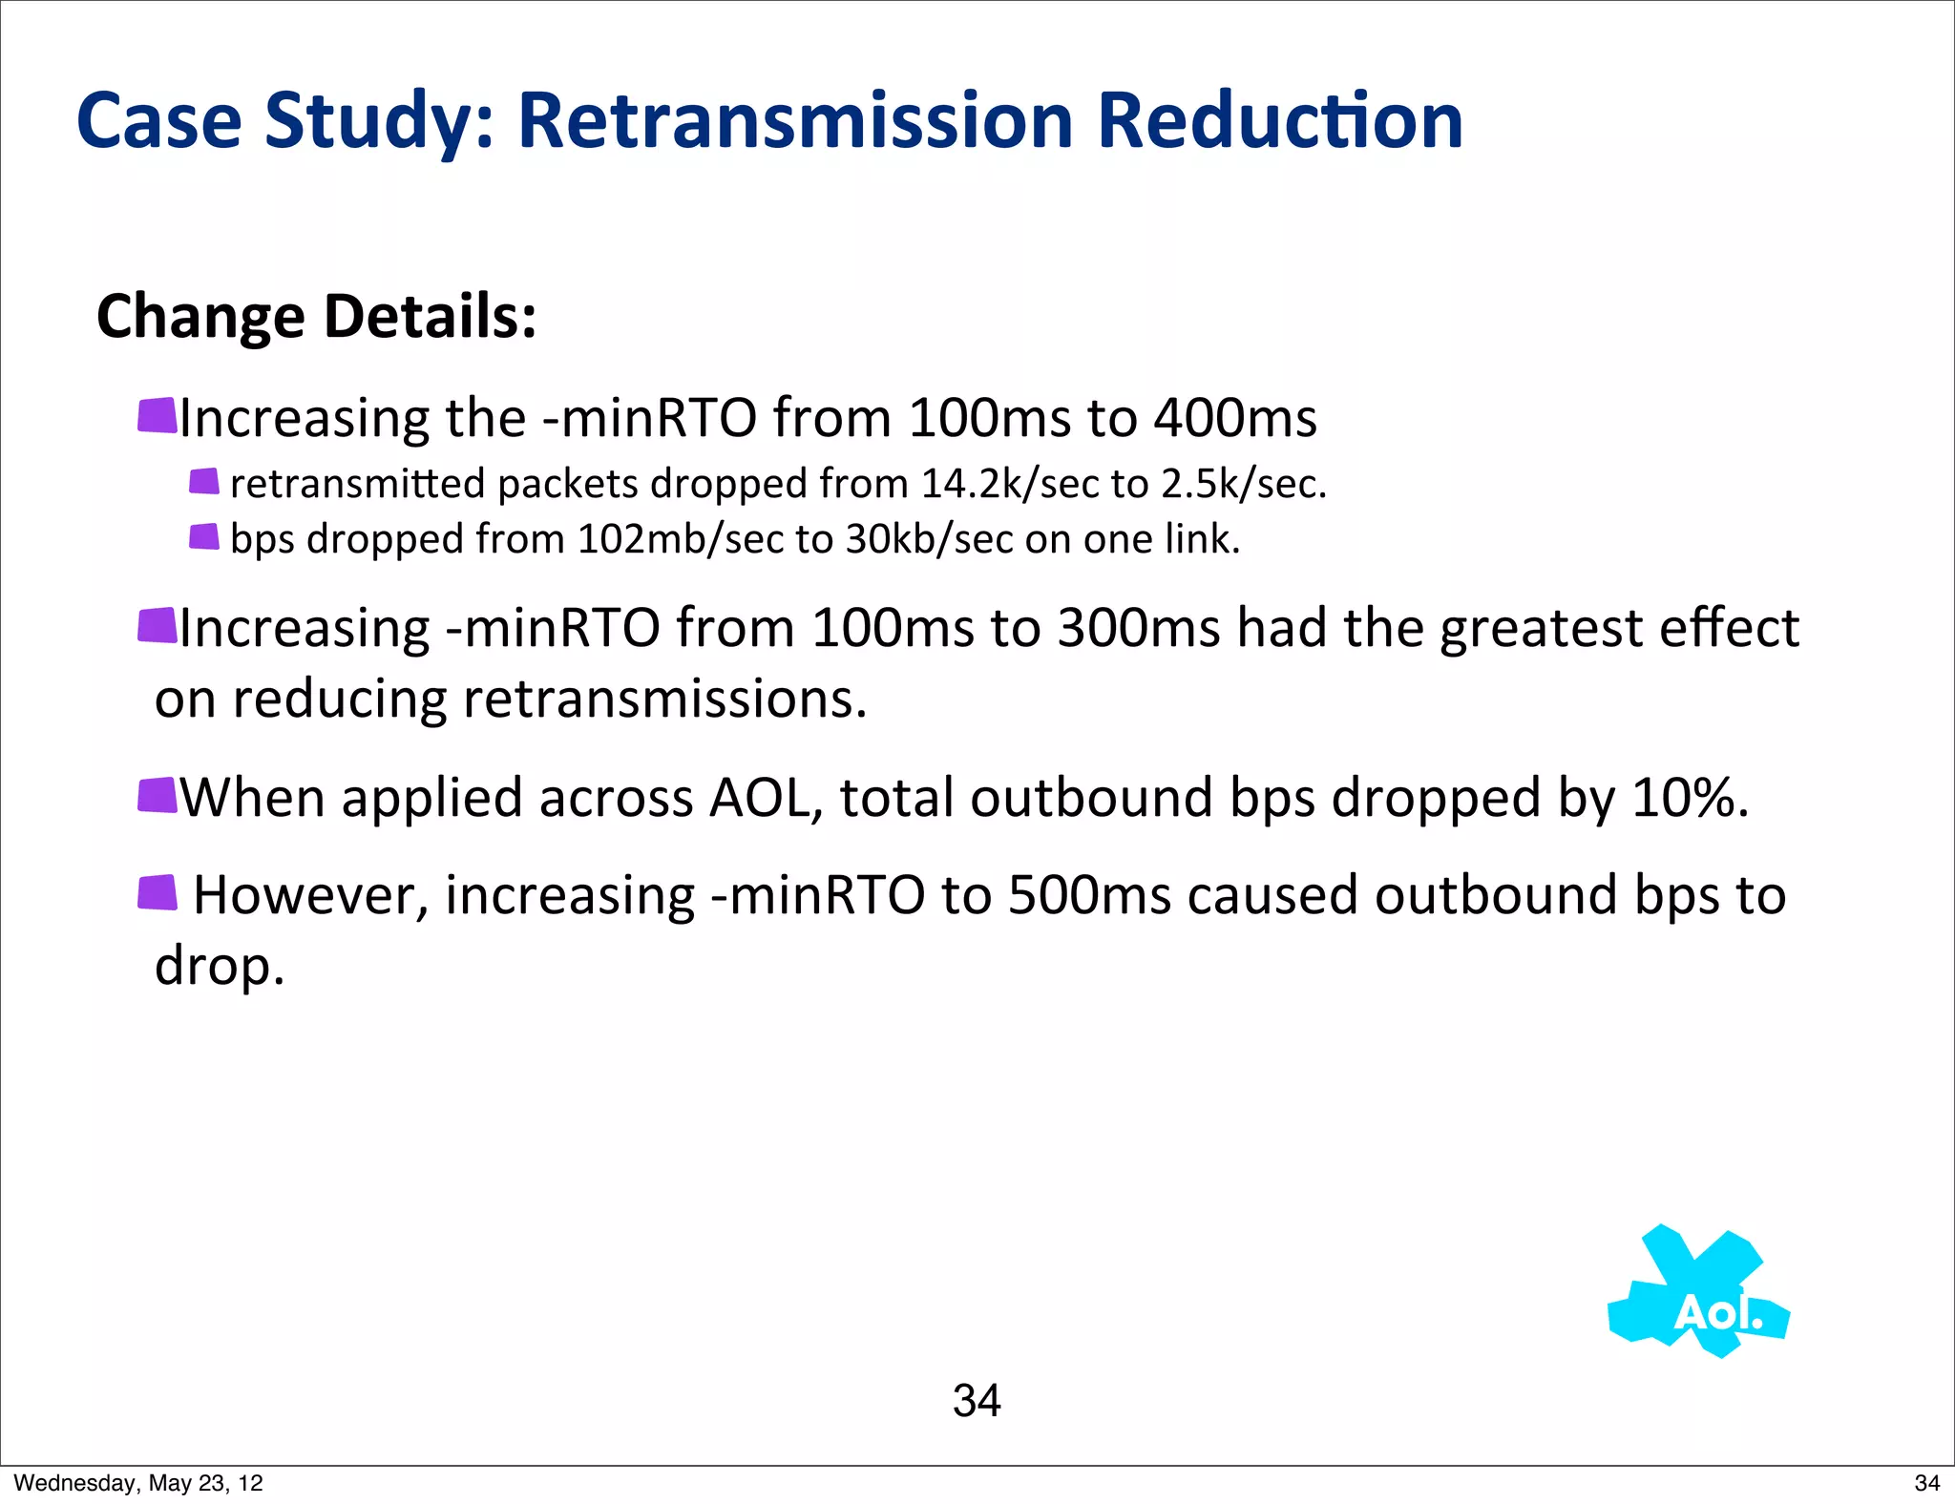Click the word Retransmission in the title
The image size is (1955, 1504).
click(x=795, y=121)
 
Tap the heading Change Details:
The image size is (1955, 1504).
click(x=316, y=317)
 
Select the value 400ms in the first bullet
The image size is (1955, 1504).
click(x=1234, y=418)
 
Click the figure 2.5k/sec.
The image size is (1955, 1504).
click(x=1243, y=484)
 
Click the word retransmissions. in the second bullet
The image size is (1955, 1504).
click(x=664, y=700)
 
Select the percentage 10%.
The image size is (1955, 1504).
click(x=1690, y=798)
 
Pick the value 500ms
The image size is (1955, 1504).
click(x=1088, y=896)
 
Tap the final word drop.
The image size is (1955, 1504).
click(x=220, y=967)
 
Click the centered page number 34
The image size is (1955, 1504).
click(x=976, y=1401)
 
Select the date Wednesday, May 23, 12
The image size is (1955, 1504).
click(x=138, y=1483)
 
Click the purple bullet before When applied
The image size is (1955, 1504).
click(x=158, y=795)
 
